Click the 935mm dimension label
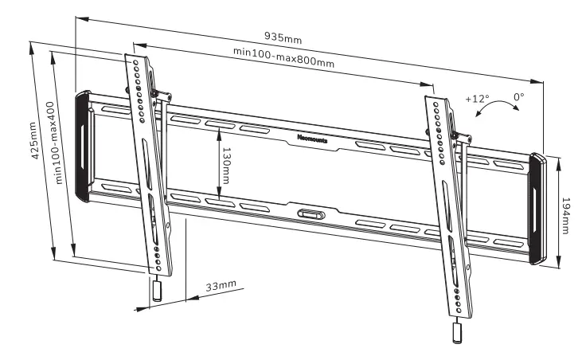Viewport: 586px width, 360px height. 283,37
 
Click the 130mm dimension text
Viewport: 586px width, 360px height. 226,164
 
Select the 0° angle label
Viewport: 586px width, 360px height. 519,96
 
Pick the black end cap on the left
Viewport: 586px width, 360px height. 83,146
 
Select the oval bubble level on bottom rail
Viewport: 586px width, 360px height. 310,213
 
